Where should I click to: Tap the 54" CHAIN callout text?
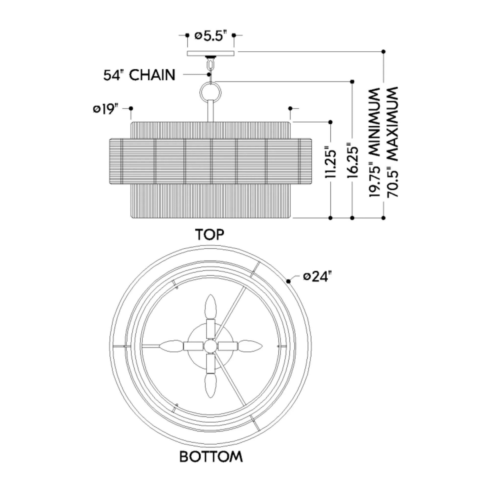tap(139, 75)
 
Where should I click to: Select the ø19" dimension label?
tap(106, 109)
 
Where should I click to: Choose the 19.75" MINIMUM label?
tap(375, 142)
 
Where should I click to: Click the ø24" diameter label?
tap(318, 276)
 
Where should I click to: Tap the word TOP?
tap(209, 235)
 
